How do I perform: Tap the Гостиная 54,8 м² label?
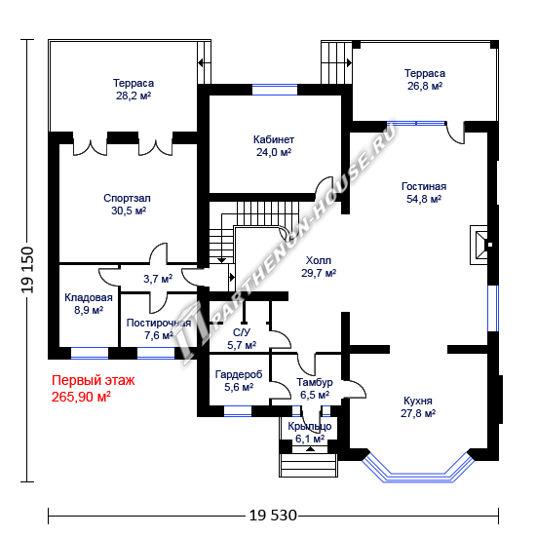tap(424, 192)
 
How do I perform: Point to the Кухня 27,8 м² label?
tap(418, 406)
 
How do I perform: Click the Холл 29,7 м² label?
tap(319, 267)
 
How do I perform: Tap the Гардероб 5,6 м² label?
tap(239, 380)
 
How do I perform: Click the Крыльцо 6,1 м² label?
tap(310, 432)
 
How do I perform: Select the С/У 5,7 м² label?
tap(242, 338)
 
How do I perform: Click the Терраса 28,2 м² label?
tap(134, 90)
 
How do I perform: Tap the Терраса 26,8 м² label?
tap(425, 79)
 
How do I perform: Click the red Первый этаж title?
tap(93, 380)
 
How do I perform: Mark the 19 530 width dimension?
tap(273, 516)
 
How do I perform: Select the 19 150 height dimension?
tap(28, 270)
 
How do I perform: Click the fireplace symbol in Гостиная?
tap(481, 245)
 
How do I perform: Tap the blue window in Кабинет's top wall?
tap(275, 90)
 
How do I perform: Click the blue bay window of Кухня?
tap(418, 468)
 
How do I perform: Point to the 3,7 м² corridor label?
tap(158, 279)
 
